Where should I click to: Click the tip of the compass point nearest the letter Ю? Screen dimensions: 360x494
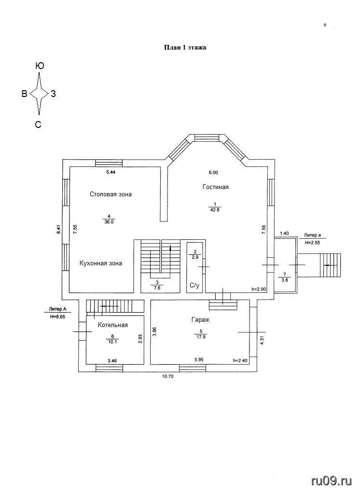[39, 73]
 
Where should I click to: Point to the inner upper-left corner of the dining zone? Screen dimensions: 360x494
[69, 166]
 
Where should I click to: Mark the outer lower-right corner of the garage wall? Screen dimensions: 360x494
[258, 372]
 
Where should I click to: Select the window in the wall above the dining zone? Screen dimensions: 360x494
[109, 163]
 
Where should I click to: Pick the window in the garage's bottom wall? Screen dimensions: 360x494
[193, 368]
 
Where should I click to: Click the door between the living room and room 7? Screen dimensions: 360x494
[270, 265]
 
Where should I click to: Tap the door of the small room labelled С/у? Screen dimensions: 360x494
[203, 266]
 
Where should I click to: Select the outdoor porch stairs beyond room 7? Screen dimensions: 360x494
[331, 265]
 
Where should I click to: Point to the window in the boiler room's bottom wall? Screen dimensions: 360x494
[109, 368]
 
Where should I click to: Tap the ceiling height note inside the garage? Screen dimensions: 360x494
[240, 360]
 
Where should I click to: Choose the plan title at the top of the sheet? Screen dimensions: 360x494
[185, 48]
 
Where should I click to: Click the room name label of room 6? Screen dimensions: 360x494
[113, 325]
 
